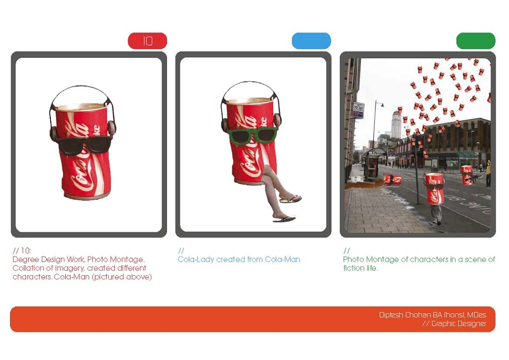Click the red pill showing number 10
click(147, 41)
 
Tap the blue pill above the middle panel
click(311, 41)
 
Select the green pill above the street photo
click(476, 41)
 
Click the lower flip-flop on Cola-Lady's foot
click(284, 219)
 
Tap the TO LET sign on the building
click(358, 110)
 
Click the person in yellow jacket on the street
click(488, 174)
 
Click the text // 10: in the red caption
click(21, 251)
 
